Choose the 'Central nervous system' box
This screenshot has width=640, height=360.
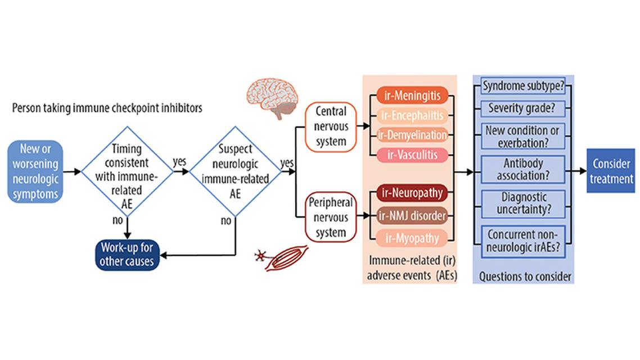tap(331, 127)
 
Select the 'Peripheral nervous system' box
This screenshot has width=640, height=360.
tap(331, 217)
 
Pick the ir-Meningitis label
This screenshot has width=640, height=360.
tap(412, 94)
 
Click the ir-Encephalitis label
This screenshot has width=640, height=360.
tap(412, 115)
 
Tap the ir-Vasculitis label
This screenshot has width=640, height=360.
tap(412, 155)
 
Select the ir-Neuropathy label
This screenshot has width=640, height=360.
tap(412, 193)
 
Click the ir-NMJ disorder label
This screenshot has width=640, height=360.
tap(412, 215)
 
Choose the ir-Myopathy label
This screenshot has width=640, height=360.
tap(412, 238)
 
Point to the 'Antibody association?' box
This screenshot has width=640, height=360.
tap(524, 169)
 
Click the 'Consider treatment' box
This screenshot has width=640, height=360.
tap(610, 171)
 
